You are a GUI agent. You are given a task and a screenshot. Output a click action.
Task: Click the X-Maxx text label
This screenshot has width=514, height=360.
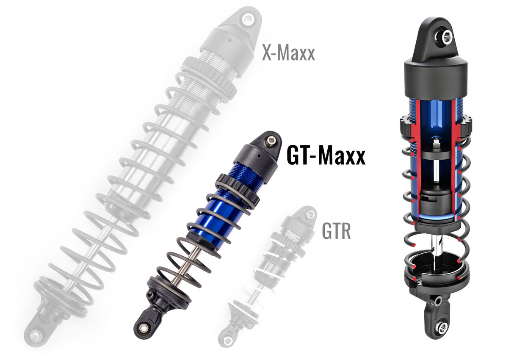tap(288, 54)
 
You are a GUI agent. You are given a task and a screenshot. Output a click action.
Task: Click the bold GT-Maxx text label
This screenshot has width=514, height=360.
tap(326, 156)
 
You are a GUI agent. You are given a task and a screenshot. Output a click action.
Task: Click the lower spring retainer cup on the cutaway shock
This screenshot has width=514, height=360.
tap(436, 271)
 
